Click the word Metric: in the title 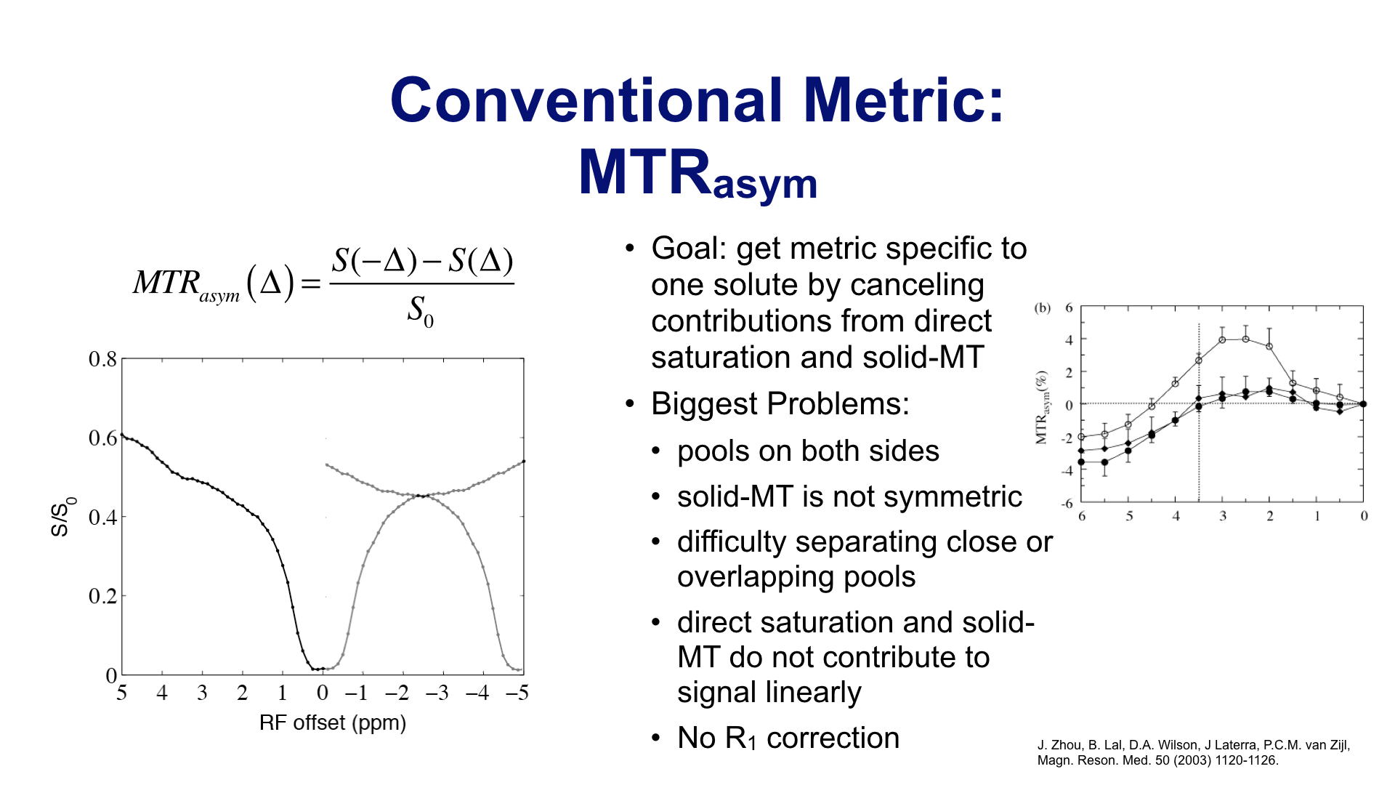click(904, 100)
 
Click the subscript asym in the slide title click(765, 184)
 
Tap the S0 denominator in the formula click(420, 311)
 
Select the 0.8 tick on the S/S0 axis click(102, 359)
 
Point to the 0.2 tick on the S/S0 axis click(102, 596)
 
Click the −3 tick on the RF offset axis click(437, 693)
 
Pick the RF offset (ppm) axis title click(333, 722)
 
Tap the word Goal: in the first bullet click(690, 249)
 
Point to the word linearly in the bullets click(815, 693)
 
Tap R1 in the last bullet click(741, 738)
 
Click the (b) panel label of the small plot click(1043, 308)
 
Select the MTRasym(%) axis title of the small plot click(1043, 407)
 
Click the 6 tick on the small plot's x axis click(1082, 516)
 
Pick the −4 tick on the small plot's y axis click(1066, 471)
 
